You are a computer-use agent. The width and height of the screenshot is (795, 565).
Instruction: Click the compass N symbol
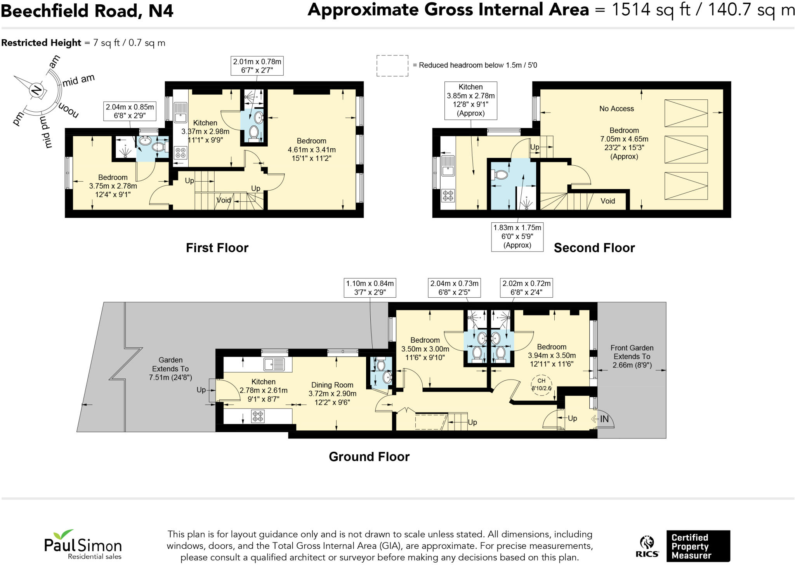[36, 90]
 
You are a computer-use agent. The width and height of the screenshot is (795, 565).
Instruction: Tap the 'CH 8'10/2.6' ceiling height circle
[541, 385]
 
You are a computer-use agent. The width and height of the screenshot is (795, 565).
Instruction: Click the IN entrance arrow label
[604, 419]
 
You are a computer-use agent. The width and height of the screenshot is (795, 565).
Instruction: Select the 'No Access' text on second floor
[616, 109]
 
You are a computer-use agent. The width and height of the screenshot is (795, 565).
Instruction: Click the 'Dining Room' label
[332, 385]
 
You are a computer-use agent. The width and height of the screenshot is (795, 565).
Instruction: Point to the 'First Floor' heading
[217, 248]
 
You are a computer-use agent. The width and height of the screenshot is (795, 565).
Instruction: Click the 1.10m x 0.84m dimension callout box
[370, 288]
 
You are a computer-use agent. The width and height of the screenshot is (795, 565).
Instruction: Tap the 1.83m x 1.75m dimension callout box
[517, 236]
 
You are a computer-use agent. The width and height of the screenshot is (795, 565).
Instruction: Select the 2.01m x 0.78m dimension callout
[257, 66]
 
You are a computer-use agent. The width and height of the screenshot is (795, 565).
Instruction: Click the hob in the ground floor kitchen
[258, 416]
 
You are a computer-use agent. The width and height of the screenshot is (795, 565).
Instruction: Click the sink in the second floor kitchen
[448, 166]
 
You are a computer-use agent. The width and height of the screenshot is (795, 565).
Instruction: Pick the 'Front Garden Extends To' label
[632, 352]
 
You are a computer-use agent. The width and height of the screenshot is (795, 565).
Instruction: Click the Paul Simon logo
[83, 544]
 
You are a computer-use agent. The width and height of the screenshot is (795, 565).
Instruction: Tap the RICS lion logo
[647, 546]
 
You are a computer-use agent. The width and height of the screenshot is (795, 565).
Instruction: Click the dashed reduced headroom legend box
[392, 66]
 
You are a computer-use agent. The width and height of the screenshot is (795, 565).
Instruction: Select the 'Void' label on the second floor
[608, 201]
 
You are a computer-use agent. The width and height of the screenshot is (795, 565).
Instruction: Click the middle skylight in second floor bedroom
[686, 149]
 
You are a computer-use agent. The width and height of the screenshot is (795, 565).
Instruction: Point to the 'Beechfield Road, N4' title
[87, 11]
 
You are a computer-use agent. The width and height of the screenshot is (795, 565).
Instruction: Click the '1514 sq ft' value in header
[651, 10]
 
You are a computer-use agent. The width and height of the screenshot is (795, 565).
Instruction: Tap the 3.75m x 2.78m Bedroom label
[113, 186]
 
